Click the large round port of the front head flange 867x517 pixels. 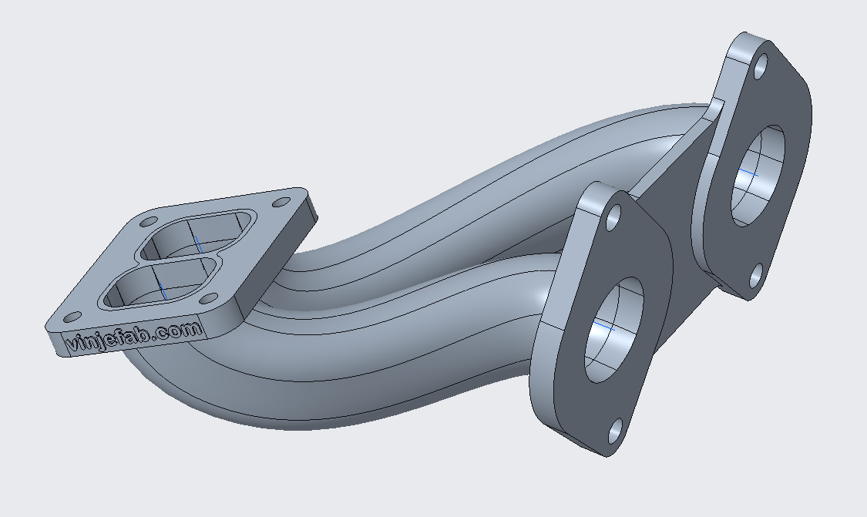[x=613, y=330]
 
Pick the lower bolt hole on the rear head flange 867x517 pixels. [x=757, y=274]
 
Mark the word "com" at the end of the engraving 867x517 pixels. [x=185, y=329]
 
